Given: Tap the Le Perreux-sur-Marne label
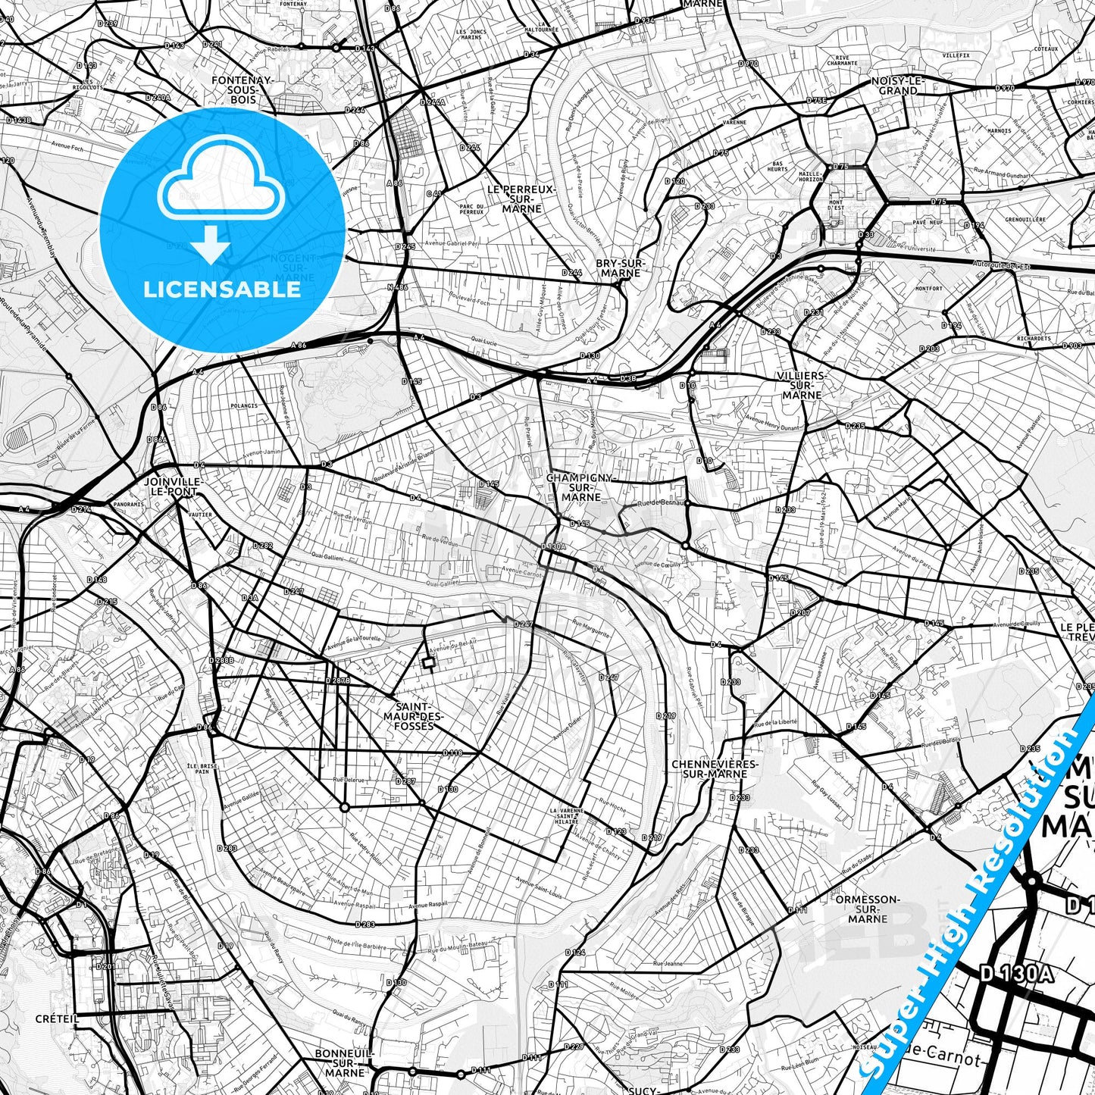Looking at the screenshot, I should [521, 199].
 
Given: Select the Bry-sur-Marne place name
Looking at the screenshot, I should [619, 267].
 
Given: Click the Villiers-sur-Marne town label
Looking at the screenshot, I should [802, 385].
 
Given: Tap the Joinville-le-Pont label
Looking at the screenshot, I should [171, 486].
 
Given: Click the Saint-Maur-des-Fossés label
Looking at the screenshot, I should [414, 715].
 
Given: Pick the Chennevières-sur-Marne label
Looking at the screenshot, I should [709, 768].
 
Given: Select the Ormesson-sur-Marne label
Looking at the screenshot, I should [867, 909].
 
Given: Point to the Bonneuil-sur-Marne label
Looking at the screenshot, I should [345, 1062].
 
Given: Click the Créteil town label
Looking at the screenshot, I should [57, 1018].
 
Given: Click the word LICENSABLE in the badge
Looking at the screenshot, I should [222, 289].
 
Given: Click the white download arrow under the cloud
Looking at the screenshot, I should [211, 244].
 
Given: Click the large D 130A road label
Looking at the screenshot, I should [1016, 974].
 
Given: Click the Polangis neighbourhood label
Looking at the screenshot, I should [243, 405].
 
